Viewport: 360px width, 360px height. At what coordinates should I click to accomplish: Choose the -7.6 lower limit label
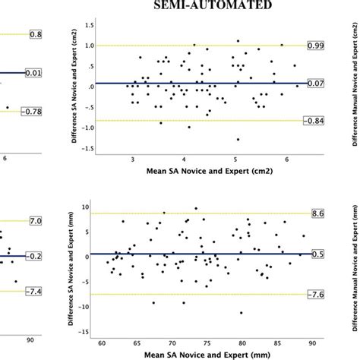click(x=315, y=293)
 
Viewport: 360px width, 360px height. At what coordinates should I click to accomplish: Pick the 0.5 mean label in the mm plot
click(x=317, y=253)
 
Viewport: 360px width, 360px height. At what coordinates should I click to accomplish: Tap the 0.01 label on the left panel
click(x=12, y=72)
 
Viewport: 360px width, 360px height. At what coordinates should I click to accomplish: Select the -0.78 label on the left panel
click(x=12, y=112)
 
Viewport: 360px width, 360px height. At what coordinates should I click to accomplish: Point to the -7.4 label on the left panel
click(x=12, y=292)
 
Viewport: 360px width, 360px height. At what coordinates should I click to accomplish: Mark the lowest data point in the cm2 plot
click(x=238, y=139)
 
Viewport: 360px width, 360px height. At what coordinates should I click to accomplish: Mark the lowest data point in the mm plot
click(x=241, y=312)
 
